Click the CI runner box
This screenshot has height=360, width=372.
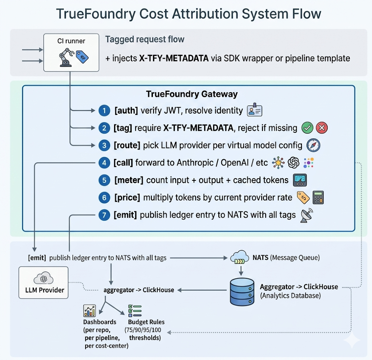click(x=71, y=53)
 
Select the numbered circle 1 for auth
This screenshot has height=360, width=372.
click(x=104, y=111)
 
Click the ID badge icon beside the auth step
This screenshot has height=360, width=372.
click(x=255, y=110)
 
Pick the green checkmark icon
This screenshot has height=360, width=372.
click(x=307, y=128)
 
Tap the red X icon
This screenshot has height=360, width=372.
click(x=322, y=128)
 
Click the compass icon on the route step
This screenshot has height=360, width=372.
click(x=313, y=145)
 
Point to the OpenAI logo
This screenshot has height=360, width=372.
click(x=294, y=163)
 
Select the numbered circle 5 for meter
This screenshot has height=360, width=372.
click(x=104, y=180)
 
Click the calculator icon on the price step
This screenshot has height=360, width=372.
click(x=318, y=197)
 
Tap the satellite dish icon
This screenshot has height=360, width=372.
click(x=307, y=216)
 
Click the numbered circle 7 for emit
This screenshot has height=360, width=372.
click(x=104, y=215)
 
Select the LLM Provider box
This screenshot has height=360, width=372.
click(x=44, y=282)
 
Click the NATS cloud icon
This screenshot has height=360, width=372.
click(x=240, y=257)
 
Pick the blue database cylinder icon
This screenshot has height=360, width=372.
click(x=242, y=292)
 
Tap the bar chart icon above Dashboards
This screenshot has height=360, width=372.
click(x=89, y=311)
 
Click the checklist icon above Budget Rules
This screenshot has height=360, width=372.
click(x=135, y=311)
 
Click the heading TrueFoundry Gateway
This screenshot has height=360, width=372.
click(x=192, y=94)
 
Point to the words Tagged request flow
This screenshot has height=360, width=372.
click(x=145, y=39)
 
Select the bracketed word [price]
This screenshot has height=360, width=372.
click(x=127, y=197)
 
